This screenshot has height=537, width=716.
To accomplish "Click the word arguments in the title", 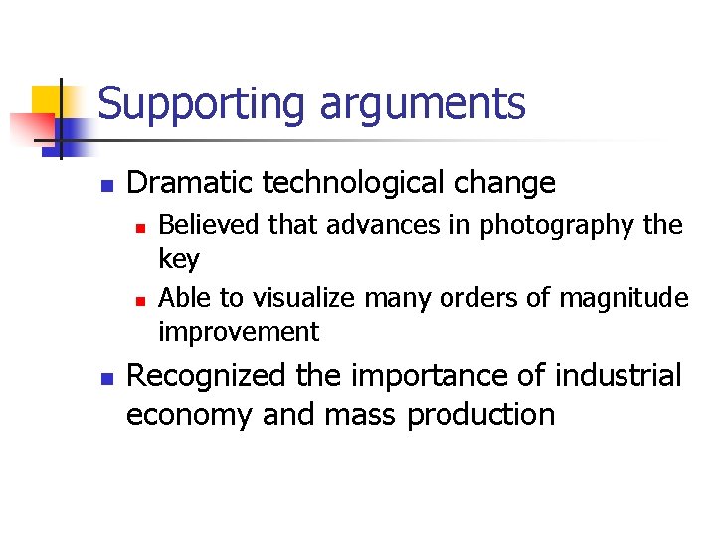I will point(422,103).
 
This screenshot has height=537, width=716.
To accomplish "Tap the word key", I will point(179,260).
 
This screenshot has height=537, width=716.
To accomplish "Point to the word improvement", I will point(239,332).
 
